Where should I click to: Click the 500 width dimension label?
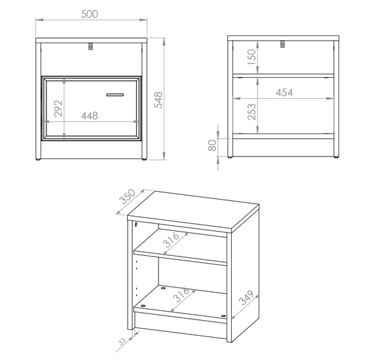[90, 14]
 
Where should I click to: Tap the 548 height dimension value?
[158, 100]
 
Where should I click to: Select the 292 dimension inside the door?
[58, 109]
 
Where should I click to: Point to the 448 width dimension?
[90, 116]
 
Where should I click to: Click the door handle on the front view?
[115, 95]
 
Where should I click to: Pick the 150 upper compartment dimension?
[251, 57]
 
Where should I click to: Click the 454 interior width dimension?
[284, 92]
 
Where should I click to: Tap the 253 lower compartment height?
[251, 112]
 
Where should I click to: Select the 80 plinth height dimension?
[212, 145]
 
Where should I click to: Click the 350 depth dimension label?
[128, 196]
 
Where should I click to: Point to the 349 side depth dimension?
[246, 298]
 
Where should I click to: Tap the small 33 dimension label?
[122, 342]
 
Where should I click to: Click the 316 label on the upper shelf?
[171, 240]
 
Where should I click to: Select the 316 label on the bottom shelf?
[181, 295]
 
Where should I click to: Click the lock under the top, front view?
[90, 46]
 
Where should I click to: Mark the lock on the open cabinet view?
[282, 45]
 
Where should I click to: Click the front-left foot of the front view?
[38, 159]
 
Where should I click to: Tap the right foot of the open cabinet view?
[336, 157]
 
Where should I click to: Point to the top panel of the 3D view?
[193, 211]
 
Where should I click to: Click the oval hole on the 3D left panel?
[136, 224]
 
